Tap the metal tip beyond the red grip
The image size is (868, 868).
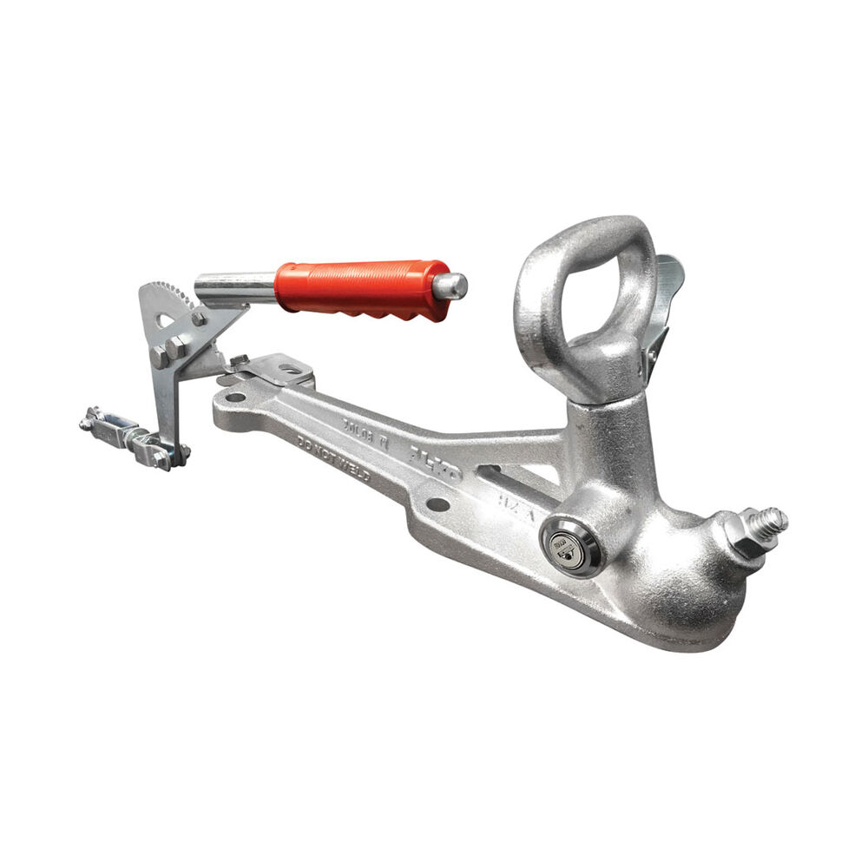(452, 286)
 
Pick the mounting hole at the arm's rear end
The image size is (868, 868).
(235, 398)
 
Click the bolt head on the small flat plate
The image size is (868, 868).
(240, 360)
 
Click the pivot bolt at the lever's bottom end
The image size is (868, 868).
(181, 451)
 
